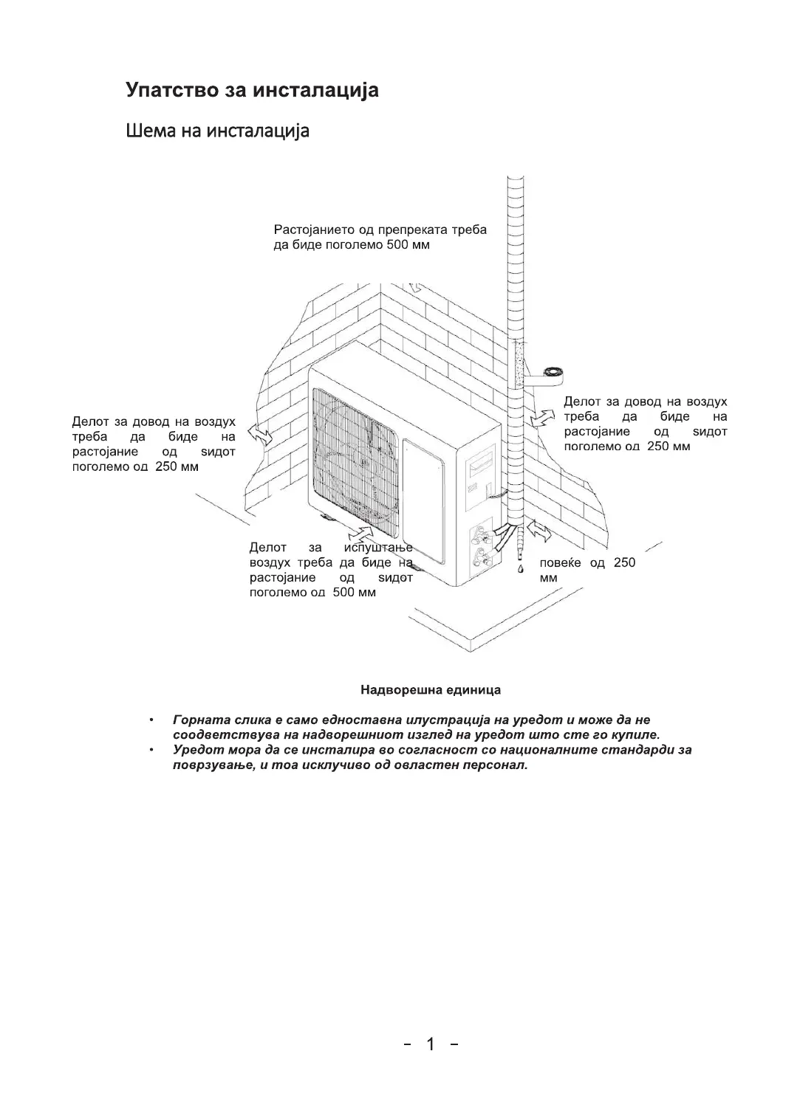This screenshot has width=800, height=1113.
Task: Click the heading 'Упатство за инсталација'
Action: click(252, 90)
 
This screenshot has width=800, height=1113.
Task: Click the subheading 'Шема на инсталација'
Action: click(217, 131)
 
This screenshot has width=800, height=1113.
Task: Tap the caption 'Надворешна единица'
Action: click(430, 690)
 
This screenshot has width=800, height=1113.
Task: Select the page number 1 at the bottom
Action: click(431, 1044)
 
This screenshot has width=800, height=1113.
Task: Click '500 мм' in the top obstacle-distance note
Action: click(408, 244)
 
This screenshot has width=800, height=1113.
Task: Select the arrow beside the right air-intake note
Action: click(544, 418)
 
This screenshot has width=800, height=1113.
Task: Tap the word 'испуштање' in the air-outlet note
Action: click(377, 548)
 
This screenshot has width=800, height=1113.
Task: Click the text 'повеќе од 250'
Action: click(587, 563)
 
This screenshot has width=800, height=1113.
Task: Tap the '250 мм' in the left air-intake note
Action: click(177, 466)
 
